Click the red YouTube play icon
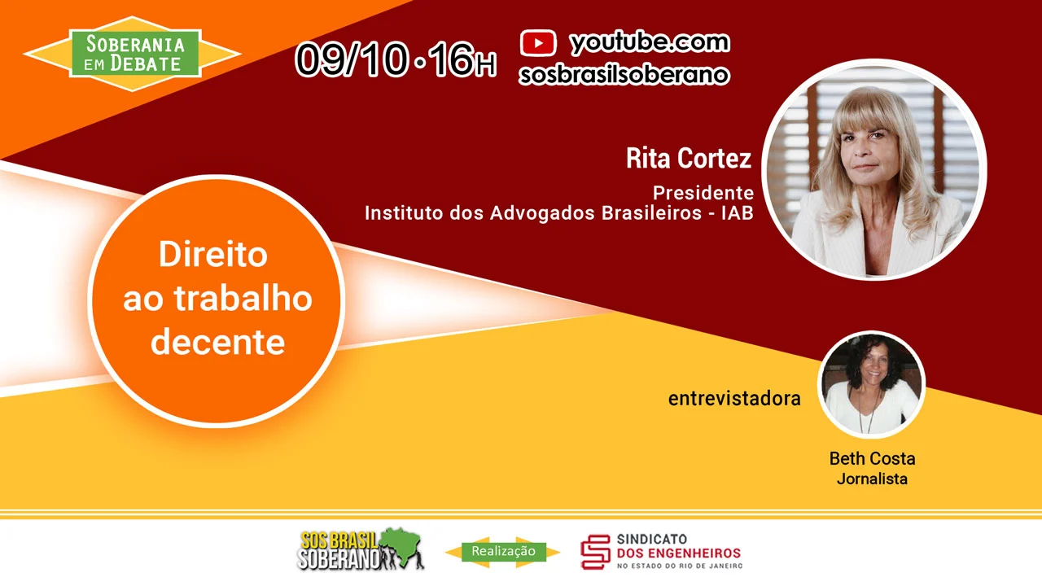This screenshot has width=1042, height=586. pyautogui.click(x=538, y=43)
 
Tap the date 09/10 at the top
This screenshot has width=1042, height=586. pyautogui.click(x=351, y=60)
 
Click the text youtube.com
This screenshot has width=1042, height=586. pyautogui.click(x=650, y=42)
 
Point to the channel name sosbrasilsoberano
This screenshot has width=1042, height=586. pyautogui.click(x=624, y=74)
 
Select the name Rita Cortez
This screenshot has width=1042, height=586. pyautogui.click(x=689, y=158)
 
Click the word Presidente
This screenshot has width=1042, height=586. pyautogui.click(x=703, y=193)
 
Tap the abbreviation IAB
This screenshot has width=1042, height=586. pyautogui.click(x=738, y=213)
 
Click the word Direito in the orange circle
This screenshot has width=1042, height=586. pyautogui.click(x=213, y=254)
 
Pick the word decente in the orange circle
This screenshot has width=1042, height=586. pyautogui.click(x=217, y=343)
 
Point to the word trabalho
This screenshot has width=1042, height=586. pyautogui.click(x=243, y=298)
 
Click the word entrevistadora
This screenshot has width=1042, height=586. pyautogui.click(x=734, y=399)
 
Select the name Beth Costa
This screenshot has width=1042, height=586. pyautogui.click(x=872, y=458)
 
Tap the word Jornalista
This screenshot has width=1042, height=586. pyautogui.click(x=872, y=479)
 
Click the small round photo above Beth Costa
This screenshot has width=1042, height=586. pyautogui.click(x=872, y=385)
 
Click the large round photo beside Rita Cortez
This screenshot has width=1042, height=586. pyautogui.click(x=874, y=170)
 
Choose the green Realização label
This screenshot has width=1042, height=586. pyautogui.click(x=503, y=551)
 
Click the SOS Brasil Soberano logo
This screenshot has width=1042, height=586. pyautogui.click(x=361, y=549)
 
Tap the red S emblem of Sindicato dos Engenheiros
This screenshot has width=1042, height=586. pyautogui.click(x=595, y=552)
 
